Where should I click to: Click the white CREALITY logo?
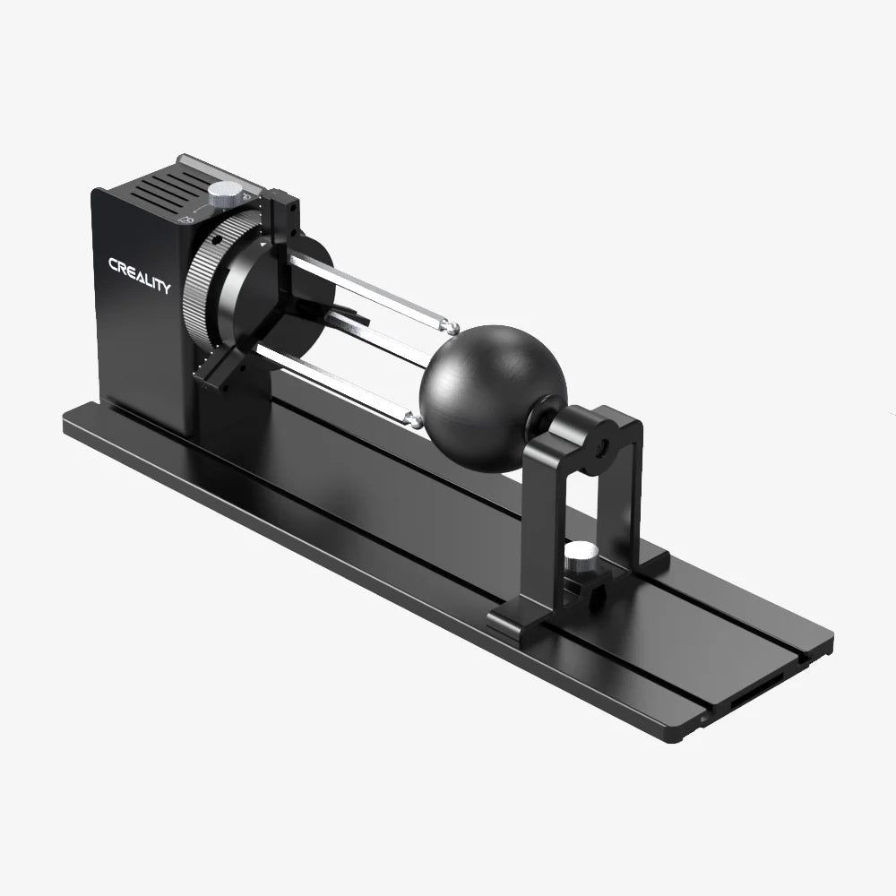[x=139, y=275]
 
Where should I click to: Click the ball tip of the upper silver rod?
[x=452, y=328]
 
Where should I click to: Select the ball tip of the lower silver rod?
[x=413, y=418]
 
